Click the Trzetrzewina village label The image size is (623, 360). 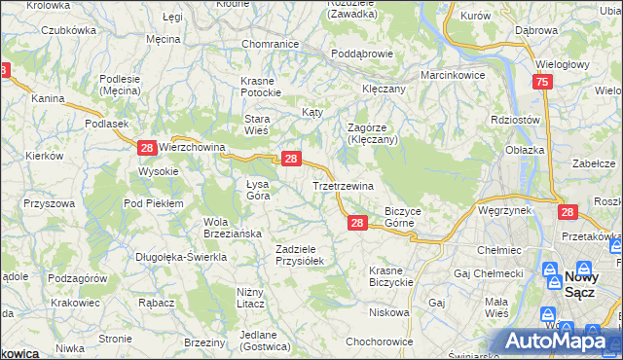343,186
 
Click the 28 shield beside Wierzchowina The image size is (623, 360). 146,148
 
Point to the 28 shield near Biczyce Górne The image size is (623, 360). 357,224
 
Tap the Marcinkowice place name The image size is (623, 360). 453,75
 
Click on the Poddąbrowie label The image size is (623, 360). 361,54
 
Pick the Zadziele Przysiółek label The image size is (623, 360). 305,254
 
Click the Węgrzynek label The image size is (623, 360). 504,209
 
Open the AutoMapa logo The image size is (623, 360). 556,340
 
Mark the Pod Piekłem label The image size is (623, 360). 154,203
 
